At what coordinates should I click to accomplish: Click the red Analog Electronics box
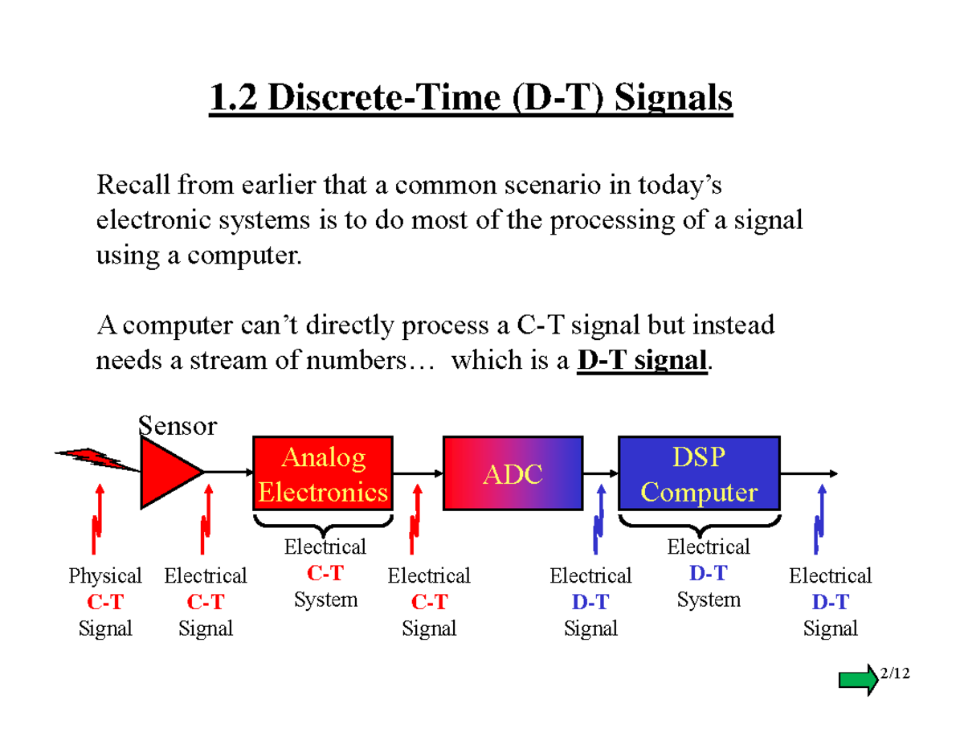point(323,474)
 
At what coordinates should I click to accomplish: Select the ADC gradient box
point(513,474)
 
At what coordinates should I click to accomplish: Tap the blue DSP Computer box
point(698,474)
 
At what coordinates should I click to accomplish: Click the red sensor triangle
point(166,473)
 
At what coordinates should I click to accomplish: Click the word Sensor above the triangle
point(178,425)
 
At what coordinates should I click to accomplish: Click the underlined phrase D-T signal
point(643,361)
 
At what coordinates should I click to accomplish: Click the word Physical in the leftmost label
point(104,575)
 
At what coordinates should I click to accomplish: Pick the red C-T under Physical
point(104,602)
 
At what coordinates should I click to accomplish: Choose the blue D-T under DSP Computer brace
point(708,574)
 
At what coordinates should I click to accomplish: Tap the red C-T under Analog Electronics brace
point(325,574)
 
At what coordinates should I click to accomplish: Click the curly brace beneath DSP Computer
point(699,526)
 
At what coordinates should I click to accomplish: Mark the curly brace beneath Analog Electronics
point(323,526)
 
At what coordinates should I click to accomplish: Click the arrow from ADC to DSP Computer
point(600,473)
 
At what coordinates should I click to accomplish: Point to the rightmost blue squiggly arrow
point(819,521)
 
